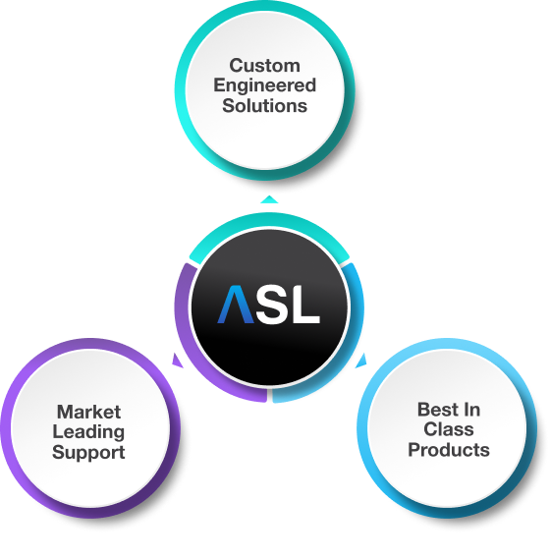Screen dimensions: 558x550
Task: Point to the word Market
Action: pyautogui.click(x=88, y=413)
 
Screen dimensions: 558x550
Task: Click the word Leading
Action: pyautogui.click(x=88, y=432)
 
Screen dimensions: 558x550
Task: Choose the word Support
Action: pyautogui.click(x=88, y=453)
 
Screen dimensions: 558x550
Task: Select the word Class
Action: pyautogui.click(x=448, y=430)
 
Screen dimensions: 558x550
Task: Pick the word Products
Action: pyautogui.click(x=448, y=451)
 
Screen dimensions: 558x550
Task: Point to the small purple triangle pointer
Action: pyautogui.click(x=176, y=361)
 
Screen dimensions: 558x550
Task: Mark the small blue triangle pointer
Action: pyautogui.click(x=361, y=361)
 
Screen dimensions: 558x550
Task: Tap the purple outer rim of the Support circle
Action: pyautogui.click(x=20, y=393)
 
